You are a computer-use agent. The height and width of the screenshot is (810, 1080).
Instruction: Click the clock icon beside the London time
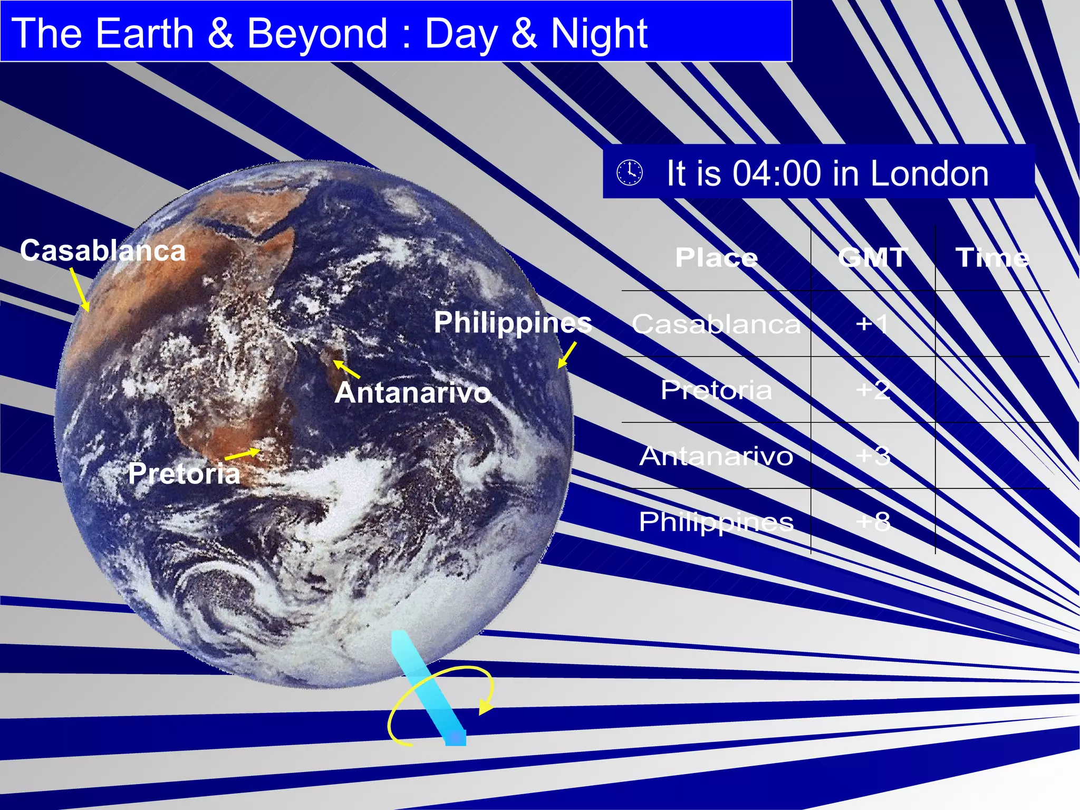(630, 172)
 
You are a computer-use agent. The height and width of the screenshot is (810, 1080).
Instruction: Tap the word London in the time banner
(929, 173)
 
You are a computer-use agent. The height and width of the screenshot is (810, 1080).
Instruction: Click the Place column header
(716, 258)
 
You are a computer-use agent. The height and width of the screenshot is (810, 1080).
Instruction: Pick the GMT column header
(873, 258)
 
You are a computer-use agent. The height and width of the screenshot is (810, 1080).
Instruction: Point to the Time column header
(992, 258)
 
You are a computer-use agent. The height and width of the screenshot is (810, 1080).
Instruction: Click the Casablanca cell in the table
(716, 324)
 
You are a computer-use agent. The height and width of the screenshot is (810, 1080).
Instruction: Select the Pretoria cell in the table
(716, 390)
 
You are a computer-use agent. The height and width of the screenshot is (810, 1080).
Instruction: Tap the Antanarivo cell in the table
(716, 456)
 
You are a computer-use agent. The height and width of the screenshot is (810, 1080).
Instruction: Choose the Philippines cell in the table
(716, 522)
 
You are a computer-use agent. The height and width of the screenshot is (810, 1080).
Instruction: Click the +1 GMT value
(872, 323)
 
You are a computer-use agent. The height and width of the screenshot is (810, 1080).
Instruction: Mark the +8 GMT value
(873, 522)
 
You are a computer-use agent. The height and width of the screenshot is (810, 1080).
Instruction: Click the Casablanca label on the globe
(103, 250)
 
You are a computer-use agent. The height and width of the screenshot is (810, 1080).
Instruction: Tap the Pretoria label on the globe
(184, 473)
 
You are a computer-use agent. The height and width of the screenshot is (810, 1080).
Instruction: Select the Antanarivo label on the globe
(412, 393)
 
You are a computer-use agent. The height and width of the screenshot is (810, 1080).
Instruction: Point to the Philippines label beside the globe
(513, 322)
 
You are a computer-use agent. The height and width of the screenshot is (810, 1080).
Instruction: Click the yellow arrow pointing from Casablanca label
(80, 290)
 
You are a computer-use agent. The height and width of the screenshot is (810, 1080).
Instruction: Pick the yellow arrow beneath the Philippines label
(567, 355)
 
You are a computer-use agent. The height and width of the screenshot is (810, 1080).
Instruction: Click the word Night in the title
(599, 34)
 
